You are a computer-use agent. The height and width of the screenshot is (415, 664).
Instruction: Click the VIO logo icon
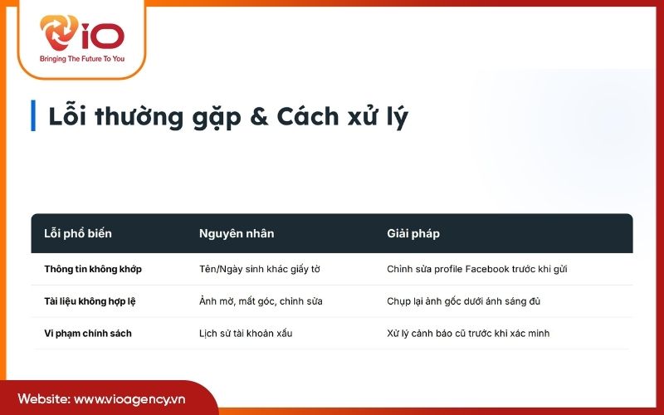tap(60, 34)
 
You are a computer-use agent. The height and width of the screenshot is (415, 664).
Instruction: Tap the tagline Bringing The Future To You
tap(81, 59)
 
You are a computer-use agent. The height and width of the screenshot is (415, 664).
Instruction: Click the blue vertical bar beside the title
tap(33, 115)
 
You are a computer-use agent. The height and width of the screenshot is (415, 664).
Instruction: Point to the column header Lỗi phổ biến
tap(78, 233)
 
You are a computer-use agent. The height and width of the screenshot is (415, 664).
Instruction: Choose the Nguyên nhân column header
tap(237, 233)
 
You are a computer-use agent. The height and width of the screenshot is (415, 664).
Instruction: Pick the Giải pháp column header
tap(413, 233)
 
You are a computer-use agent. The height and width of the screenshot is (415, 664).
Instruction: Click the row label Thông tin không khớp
tap(93, 269)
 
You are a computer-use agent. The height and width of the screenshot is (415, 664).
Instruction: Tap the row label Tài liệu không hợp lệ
tap(90, 300)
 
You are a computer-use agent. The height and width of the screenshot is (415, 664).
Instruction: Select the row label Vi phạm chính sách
tap(88, 333)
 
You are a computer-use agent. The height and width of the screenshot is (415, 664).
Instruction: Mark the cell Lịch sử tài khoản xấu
tap(246, 333)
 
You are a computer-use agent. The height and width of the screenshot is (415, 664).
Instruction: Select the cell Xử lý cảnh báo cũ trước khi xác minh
tap(468, 333)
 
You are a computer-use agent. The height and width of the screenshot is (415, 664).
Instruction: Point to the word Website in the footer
tap(42, 399)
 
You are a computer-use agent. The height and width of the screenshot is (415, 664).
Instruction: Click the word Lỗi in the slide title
tap(67, 116)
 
